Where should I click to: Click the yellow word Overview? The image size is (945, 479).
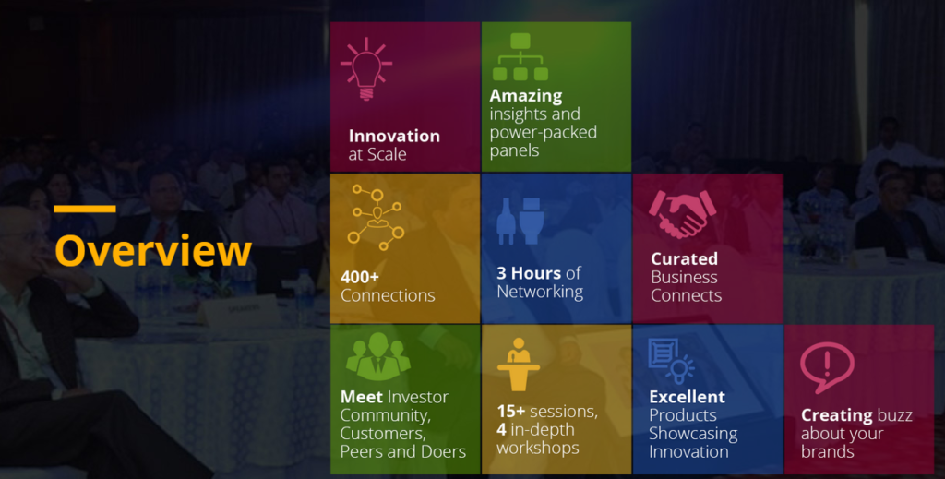tap(153, 251)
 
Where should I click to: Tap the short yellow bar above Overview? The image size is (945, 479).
tap(85, 209)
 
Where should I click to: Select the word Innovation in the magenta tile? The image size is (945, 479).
tap(394, 136)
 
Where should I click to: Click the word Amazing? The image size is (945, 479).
tap(526, 96)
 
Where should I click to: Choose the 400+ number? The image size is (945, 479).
tap(361, 277)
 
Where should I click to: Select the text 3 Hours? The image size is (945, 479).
tap(529, 273)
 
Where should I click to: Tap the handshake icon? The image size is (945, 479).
tap(682, 213)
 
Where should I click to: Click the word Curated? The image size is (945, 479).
tap(684, 259)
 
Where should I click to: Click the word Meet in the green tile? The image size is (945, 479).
tap(361, 397)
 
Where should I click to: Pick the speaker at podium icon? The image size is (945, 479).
tap(519, 363)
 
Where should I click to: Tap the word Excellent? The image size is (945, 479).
tap(687, 397)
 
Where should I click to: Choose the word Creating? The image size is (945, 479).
tap(836, 415)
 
